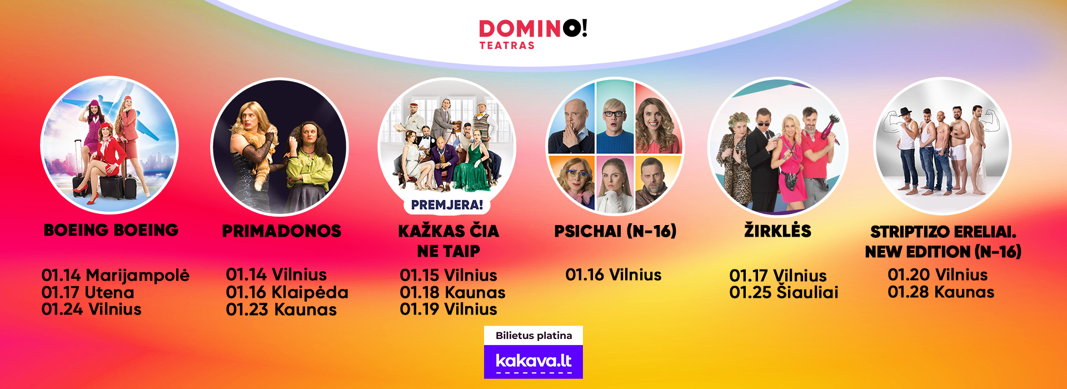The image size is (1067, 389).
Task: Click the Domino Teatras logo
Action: coord(533,34)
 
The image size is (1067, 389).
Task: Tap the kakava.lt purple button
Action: coord(533,362)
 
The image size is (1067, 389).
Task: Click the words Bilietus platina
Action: coord(533,336)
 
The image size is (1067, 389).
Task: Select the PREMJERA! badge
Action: coord(447,205)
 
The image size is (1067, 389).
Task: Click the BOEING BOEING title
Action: coord(111,230)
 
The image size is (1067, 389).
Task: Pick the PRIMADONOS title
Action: coord(282,231)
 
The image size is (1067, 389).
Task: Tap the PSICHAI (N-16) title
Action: coord(615,231)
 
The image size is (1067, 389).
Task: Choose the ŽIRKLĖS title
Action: coord(777,230)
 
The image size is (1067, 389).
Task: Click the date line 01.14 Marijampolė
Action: coord(116,275)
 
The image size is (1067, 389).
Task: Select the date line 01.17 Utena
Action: coord(88,292)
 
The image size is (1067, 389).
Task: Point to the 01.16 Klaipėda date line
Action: coord(287,292)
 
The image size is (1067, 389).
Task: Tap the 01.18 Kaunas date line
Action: coord(453,292)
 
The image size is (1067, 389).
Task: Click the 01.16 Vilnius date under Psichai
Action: coord(614,275)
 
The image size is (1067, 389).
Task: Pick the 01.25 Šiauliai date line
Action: coord(784,292)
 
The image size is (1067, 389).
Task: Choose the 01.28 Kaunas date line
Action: coord(941,292)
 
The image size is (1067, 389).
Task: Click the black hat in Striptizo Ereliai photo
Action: coord(906,111)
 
